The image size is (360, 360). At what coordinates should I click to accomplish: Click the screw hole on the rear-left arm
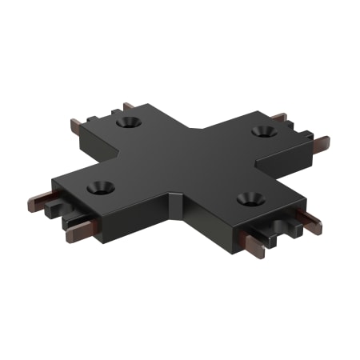click(x=128, y=123)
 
